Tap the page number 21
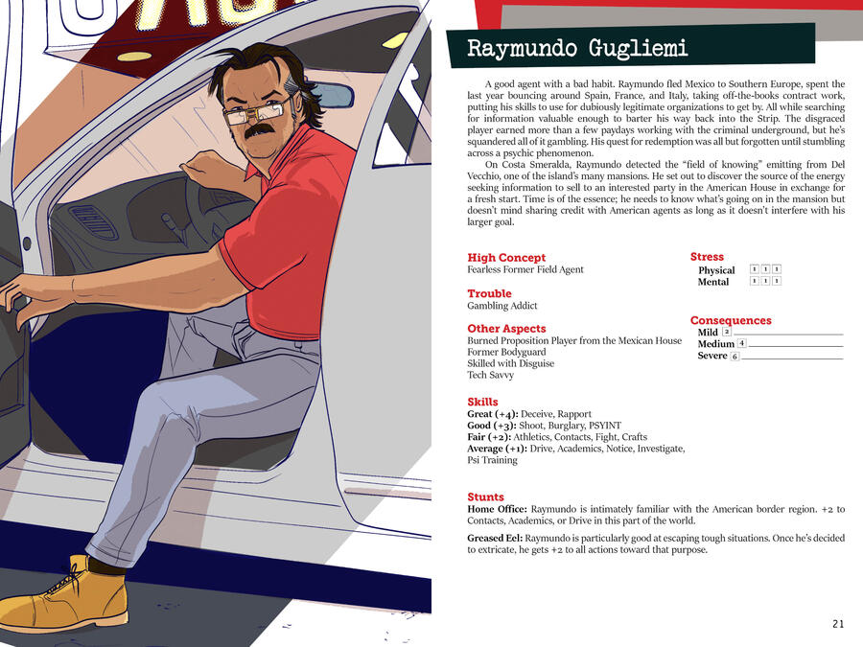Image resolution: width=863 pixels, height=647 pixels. click(x=838, y=624)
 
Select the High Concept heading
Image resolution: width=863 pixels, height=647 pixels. click(x=506, y=258)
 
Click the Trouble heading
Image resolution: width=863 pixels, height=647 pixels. click(x=489, y=293)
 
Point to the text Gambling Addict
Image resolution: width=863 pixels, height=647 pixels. click(x=501, y=306)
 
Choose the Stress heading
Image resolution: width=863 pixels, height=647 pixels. click(x=707, y=257)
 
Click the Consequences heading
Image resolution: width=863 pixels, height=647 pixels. click(x=731, y=320)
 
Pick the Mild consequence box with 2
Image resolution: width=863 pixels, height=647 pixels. click(x=727, y=332)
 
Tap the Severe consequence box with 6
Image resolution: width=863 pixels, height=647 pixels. click(x=735, y=357)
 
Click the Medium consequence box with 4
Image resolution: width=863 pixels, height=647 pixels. click(x=741, y=343)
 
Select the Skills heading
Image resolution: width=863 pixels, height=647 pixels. click(x=482, y=402)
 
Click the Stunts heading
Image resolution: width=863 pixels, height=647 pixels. click(x=485, y=497)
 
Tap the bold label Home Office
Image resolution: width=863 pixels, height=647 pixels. click(x=497, y=509)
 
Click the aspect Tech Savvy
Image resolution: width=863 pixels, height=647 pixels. click(x=490, y=375)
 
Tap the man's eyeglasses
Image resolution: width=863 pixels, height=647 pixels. click(x=256, y=109)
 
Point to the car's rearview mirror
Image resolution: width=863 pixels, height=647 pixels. click(x=331, y=95)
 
